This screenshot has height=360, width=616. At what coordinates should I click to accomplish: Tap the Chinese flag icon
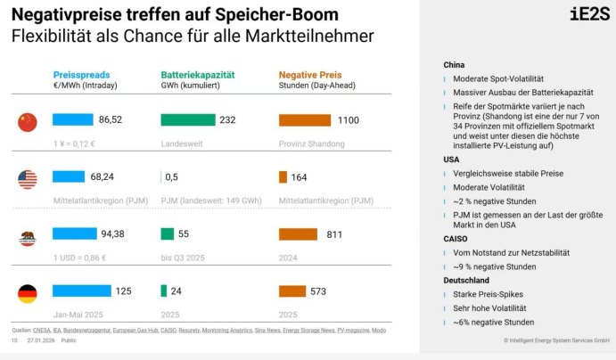(28, 122)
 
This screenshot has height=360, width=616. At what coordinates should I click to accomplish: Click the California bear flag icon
(28, 235)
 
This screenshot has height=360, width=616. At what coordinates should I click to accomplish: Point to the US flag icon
(28, 178)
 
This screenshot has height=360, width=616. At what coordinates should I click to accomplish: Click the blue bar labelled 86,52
(72, 119)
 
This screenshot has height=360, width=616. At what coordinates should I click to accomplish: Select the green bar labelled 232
(188, 119)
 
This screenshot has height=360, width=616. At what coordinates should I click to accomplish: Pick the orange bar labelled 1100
(305, 119)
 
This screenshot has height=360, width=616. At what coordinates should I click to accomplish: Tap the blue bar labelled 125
(82, 290)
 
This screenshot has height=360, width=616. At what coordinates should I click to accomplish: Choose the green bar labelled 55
(167, 234)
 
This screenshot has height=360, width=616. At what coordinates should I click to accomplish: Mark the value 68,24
(103, 177)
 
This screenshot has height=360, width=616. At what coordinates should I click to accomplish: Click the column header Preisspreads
(81, 76)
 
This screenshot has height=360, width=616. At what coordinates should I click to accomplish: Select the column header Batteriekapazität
(197, 76)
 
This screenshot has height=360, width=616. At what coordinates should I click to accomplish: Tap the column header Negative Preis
(310, 76)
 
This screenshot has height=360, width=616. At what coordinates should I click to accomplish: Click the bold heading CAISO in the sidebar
(456, 239)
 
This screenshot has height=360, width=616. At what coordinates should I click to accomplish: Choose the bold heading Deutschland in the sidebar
(466, 280)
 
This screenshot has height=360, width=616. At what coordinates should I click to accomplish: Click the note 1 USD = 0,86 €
(81, 257)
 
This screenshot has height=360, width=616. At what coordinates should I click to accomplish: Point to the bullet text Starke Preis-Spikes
(489, 294)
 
